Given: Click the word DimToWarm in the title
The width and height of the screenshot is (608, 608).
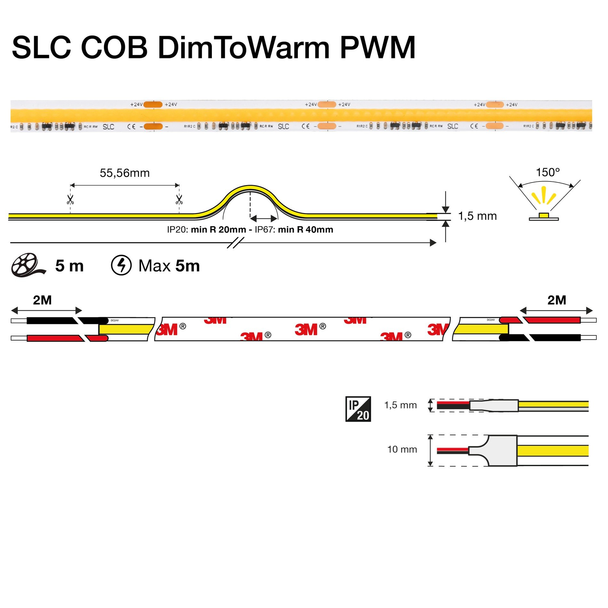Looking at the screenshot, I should coord(243,48).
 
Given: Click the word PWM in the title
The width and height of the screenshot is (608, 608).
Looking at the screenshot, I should coord(378,48).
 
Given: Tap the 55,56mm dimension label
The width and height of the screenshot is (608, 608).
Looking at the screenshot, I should coord(124,173).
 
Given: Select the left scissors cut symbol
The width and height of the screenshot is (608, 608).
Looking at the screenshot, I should coord(70,200).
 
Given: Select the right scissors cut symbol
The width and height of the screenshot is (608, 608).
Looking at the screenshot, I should coord(179,200).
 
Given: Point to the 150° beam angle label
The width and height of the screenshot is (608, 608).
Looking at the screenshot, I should coord(548,172).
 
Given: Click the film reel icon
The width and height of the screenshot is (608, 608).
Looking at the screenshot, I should coord(27,265).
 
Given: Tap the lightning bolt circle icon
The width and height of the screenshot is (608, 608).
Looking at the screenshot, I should coord(121,265).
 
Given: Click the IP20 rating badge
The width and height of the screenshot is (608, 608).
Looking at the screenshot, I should coord(358,409).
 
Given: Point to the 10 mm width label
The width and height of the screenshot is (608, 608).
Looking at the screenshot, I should coord(402,449).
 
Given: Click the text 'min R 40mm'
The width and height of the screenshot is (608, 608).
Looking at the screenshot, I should coord(305,229).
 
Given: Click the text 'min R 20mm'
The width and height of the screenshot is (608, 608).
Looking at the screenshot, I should coord(218,229).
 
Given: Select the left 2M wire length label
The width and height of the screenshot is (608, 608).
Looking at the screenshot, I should coord(42,300).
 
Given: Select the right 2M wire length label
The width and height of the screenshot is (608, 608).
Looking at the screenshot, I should coord(556,300).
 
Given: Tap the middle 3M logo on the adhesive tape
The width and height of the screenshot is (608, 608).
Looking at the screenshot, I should coord(306,330).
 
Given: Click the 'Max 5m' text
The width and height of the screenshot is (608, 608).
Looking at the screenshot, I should coord(169,266).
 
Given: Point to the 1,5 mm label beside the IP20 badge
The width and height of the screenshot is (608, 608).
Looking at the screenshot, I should coord(400,405).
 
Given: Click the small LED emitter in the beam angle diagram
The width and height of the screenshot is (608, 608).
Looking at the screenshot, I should coord(543,215).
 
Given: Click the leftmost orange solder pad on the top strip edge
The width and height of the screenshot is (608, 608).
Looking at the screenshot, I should coord(153,104).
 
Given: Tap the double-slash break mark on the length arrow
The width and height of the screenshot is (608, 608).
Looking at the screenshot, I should coord(236,243).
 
